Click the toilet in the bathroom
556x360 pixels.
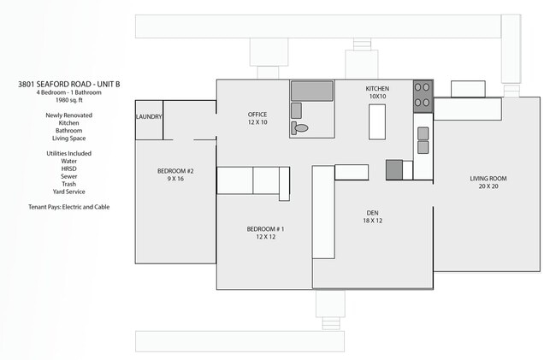point(299,128)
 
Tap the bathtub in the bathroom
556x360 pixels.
point(312,91)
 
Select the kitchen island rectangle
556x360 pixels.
point(377,122)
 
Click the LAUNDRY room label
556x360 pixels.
point(149,116)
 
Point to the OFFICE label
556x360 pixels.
point(257,115)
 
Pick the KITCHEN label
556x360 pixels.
point(377,89)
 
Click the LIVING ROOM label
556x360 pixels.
point(488,179)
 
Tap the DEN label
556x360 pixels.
point(372,213)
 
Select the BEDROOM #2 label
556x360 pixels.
point(175,171)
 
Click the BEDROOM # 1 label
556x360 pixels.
point(265,229)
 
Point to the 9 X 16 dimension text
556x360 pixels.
point(175,179)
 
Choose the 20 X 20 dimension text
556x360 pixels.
point(488,186)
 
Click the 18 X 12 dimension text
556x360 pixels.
point(372,221)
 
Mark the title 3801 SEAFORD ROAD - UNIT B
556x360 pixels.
point(69,85)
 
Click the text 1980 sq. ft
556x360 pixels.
point(69,100)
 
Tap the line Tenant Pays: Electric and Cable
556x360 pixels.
point(69,207)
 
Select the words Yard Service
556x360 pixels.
point(69,192)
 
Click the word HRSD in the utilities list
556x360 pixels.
point(68,168)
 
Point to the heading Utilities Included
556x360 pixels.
point(69,153)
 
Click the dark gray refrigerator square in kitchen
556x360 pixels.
point(394,170)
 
